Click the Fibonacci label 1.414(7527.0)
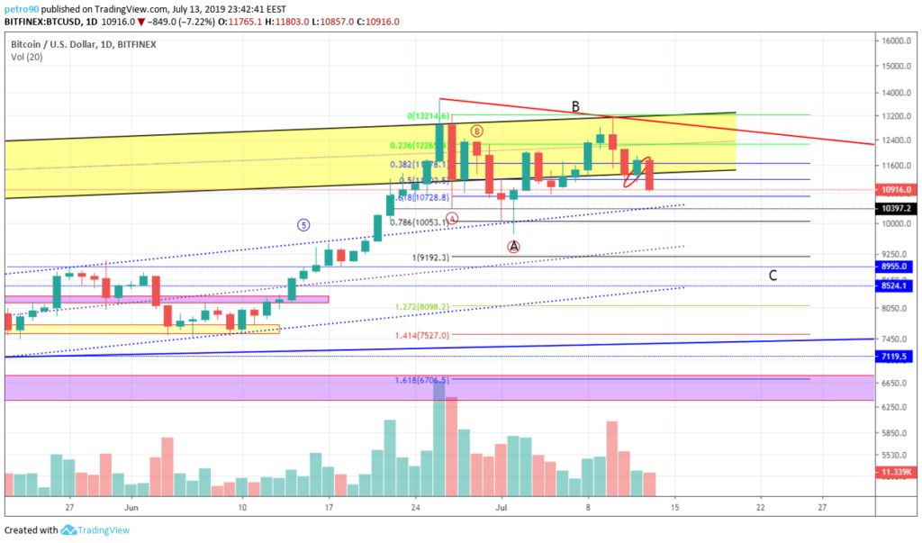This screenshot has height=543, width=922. [x=421, y=335]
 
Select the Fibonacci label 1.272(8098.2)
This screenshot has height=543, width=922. [x=421, y=306]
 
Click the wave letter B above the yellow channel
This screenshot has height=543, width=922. [x=575, y=107]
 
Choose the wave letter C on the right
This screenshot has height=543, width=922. [x=773, y=276]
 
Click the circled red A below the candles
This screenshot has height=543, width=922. [x=513, y=246]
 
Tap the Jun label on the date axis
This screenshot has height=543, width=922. [x=131, y=508]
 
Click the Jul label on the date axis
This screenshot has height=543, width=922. [x=502, y=508]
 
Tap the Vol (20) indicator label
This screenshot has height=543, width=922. [x=25, y=56]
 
